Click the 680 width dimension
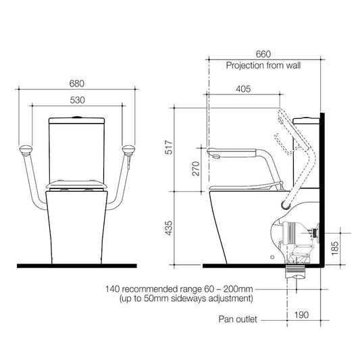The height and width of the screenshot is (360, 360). pos(77,84)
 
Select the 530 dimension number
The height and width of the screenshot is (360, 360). pos(78,100)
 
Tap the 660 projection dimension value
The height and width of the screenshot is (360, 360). pos(263,54)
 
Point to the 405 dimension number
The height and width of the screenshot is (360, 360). pos(243,89)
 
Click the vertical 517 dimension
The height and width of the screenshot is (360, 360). pos(169,147)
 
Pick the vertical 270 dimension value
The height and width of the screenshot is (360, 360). pos(196,169)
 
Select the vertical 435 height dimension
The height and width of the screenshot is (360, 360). pos(169,228)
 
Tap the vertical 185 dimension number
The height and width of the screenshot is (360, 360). pos(335,248)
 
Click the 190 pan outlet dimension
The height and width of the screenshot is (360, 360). pos(301,315)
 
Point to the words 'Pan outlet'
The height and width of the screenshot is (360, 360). pos(238,319)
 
